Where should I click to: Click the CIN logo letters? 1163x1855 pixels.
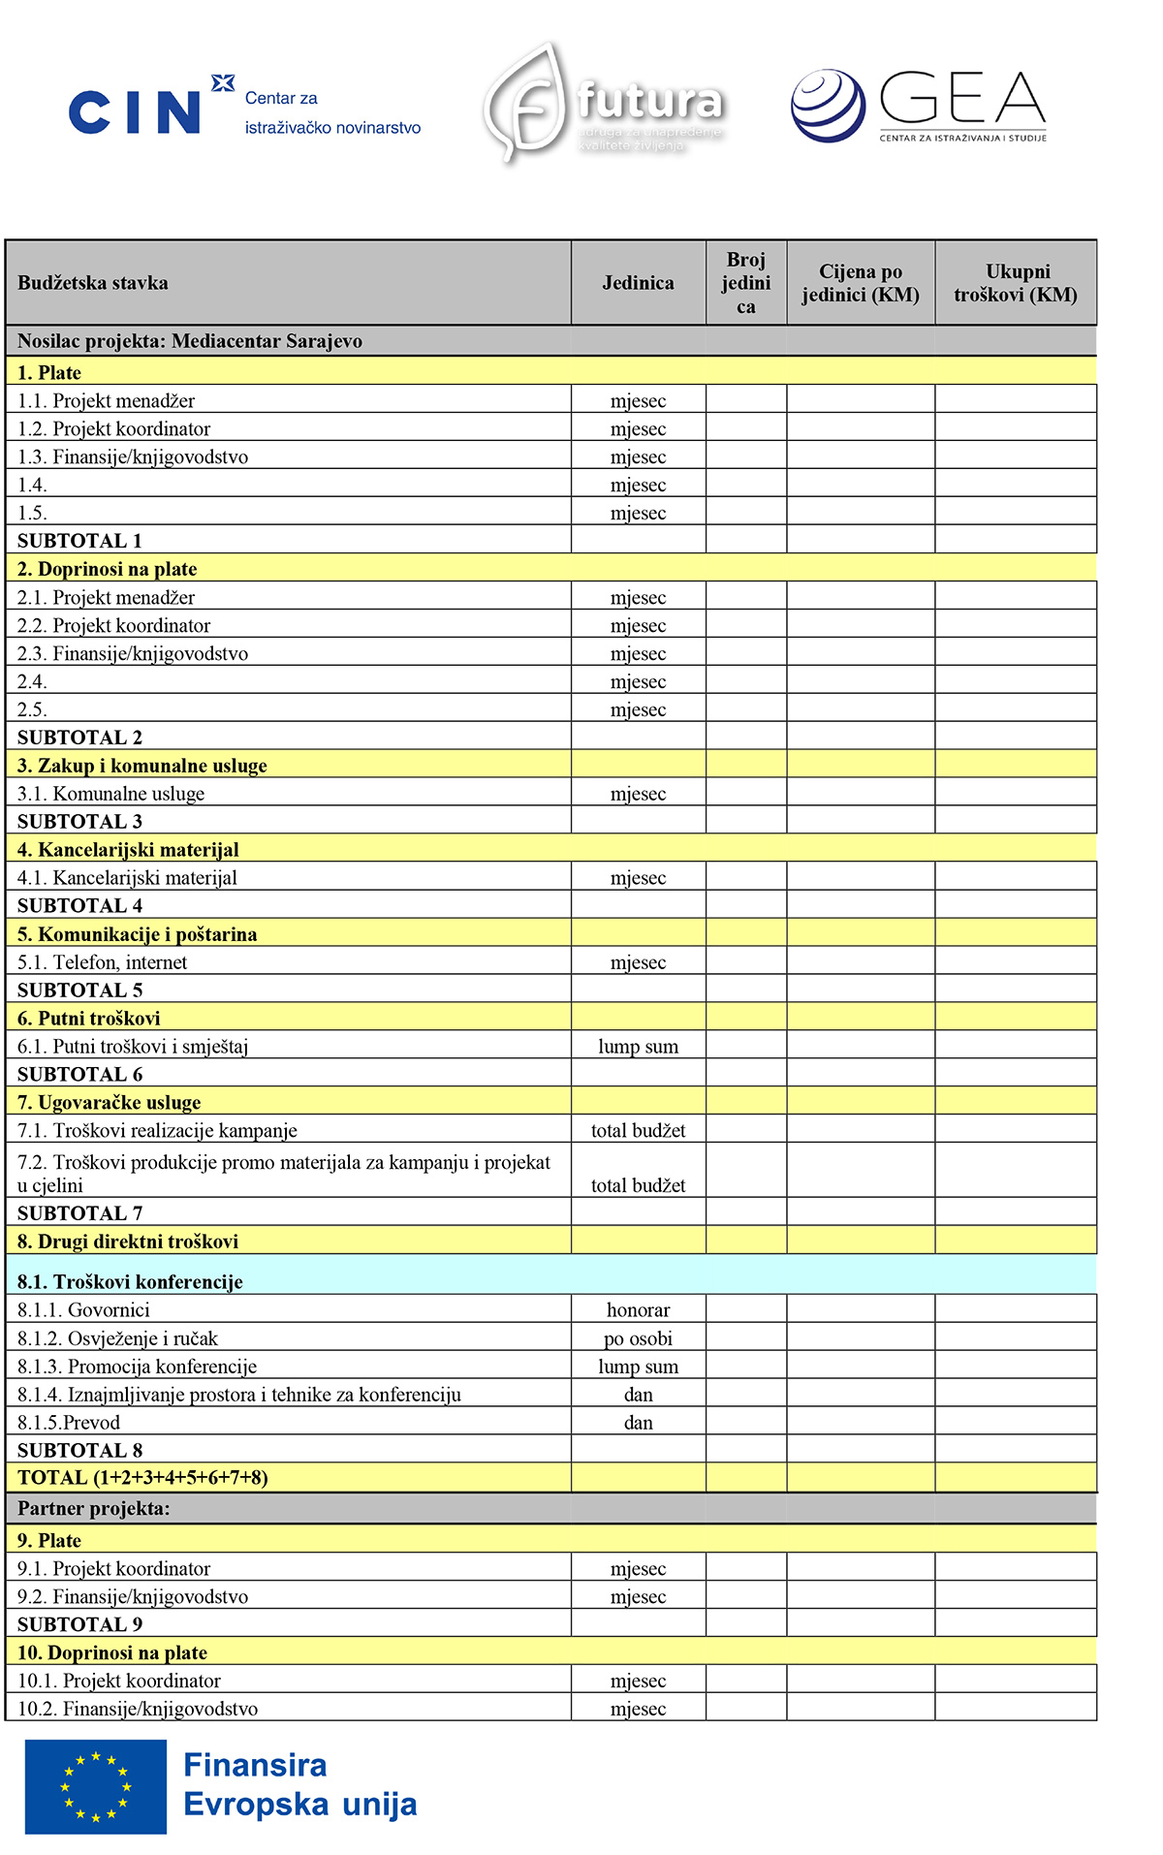pos(135,111)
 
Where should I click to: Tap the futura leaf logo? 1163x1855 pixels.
pos(525,103)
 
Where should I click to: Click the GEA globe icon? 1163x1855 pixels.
pos(828,106)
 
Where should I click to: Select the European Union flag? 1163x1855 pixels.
pos(96,1785)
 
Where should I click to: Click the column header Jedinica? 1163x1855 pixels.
pos(638,283)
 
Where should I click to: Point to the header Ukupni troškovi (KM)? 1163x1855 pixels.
pos(1016,283)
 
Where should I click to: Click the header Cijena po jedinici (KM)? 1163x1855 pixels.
pos(861,283)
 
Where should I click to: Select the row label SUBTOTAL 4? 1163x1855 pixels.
pos(79,906)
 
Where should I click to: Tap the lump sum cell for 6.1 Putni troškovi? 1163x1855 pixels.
pos(638,1047)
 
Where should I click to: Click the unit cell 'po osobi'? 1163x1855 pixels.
pos(638,1338)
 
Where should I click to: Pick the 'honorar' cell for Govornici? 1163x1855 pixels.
pos(638,1310)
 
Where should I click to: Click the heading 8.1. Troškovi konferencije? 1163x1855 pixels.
pos(130,1282)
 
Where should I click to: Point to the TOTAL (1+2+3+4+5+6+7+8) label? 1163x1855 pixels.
pos(142,1478)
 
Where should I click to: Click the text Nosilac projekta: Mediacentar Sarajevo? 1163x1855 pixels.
pos(190,341)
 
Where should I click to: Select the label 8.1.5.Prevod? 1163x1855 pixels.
pos(69,1423)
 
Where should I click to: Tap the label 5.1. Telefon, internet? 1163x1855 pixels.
pos(102,962)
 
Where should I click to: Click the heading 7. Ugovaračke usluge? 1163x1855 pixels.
pos(109,1103)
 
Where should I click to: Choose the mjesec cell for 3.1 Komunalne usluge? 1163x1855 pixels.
pos(638,794)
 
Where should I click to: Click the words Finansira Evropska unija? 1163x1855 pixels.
pos(299,1784)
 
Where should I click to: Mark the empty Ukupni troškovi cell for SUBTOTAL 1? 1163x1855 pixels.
pos(1016,540)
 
